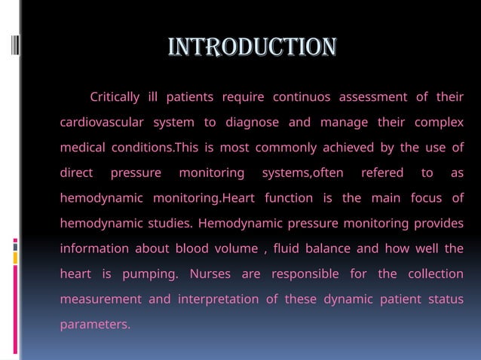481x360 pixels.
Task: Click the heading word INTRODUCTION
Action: [x=252, y=47]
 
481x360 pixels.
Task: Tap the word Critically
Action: [x=115, y=97]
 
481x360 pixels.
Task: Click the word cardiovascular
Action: [x=102, y=123]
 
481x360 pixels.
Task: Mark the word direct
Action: [x=77, y=173]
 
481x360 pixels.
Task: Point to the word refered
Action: [x=382, y=173]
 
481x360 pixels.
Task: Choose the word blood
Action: [x=192, y=249]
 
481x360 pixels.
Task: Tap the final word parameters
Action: [x=95, y=325]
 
